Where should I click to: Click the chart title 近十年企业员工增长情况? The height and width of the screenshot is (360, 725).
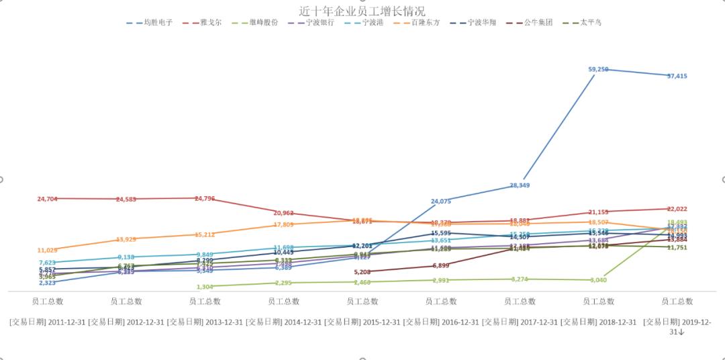[x=362, y=11]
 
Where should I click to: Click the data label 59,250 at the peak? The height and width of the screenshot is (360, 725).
[x=598, y=69]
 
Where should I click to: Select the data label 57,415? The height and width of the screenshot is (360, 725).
[x=677, y=77]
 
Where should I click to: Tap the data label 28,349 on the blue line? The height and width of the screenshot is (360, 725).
[x=520, y=185]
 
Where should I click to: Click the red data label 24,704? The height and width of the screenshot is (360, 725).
[x=48, y=199]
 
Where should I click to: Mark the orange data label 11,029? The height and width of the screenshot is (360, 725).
[x=48, y=251]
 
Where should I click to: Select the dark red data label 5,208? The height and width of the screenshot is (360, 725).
[x=362, y=272]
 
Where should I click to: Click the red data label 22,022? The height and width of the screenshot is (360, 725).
[x=677, y=210]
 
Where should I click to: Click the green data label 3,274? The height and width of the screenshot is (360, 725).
[x=520, y=279]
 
